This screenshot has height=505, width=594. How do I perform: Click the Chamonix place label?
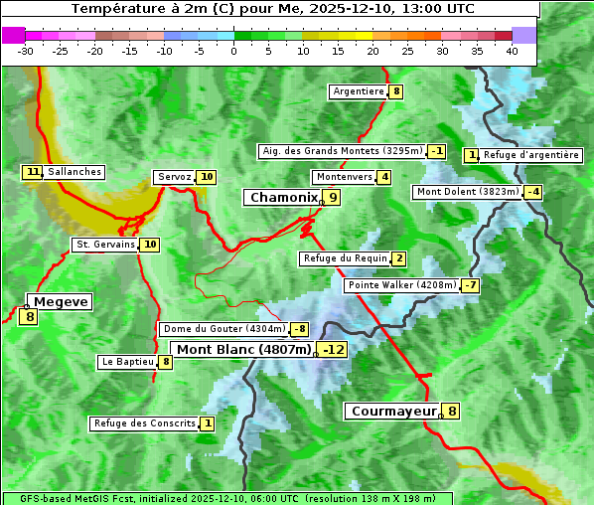(283, 198)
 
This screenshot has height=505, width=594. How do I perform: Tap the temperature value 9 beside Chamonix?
(334, 198)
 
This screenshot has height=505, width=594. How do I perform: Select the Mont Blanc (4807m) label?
(244, 349)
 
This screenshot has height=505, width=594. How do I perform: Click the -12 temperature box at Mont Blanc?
(333, 349)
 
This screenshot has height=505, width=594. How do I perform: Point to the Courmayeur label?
(394, 411)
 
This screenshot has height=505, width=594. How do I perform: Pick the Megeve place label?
(60, 301)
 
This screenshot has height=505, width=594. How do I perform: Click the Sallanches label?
(74, 172)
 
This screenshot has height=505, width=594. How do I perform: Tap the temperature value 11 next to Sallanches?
(33, 172)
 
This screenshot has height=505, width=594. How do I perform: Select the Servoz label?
(174, 177)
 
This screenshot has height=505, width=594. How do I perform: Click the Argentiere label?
(359, 91)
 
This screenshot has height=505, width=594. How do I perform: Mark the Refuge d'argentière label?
(531, 155)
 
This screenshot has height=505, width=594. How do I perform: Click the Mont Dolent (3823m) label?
(468, 192)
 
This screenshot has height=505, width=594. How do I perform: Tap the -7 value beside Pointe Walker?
(471, 285)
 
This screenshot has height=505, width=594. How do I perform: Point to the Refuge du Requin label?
(345, 258)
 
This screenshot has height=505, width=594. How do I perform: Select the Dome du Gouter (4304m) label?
(224, 329)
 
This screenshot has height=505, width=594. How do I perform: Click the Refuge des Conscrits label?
(144, 423)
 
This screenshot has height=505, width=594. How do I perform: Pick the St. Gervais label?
(105, 245)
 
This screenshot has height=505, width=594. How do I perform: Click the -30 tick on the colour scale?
(26, 51)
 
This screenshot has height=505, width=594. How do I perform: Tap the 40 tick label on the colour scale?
(512, 51)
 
